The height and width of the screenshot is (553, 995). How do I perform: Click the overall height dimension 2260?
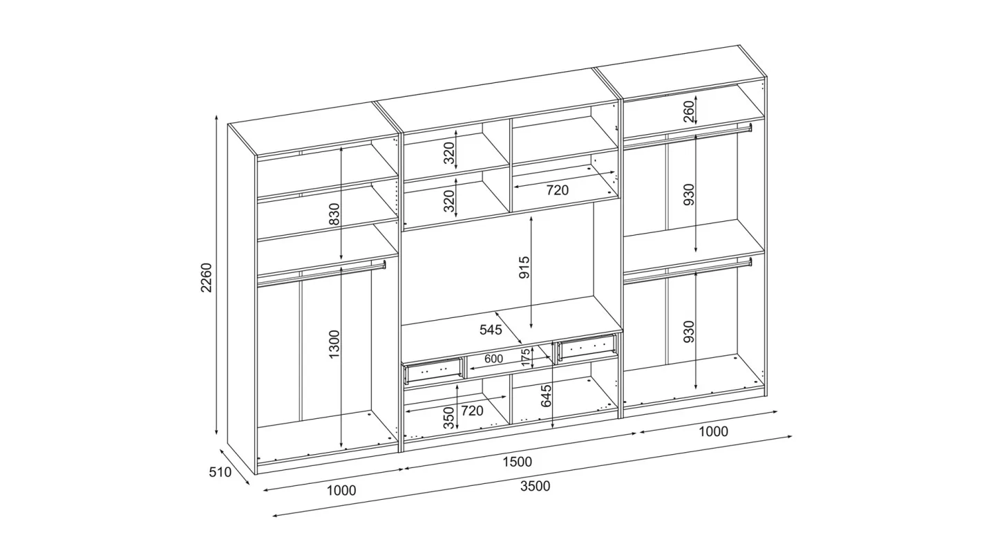[207, 277]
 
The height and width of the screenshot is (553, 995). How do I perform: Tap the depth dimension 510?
[220, 471]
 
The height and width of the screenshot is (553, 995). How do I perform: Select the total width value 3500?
[536, 487]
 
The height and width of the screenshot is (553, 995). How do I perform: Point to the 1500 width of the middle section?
[517, 462]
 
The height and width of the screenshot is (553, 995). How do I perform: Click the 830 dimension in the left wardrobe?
[334, 214]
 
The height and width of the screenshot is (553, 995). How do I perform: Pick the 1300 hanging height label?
[334, 344]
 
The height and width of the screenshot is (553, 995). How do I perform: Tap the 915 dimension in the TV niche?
[525, 267]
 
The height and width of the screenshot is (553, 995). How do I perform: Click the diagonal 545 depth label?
[491, 330]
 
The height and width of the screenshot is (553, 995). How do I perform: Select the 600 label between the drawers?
[493, 359]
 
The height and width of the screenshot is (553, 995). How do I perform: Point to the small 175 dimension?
[525, 357]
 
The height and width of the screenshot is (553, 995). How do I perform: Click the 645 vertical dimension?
[546, 395]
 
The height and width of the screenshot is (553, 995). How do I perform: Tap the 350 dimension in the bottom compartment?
[449, 418]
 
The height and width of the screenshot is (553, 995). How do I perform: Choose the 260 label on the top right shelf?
[688, 111]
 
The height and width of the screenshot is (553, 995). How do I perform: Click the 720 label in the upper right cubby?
[557, 190]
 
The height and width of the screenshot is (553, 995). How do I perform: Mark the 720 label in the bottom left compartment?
[472, 411]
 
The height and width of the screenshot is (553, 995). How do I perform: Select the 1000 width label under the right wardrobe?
[713, 431]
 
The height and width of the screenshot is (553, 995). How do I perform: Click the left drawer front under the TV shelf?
[433, 369]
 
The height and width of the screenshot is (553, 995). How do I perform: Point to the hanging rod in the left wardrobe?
[321, 274]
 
